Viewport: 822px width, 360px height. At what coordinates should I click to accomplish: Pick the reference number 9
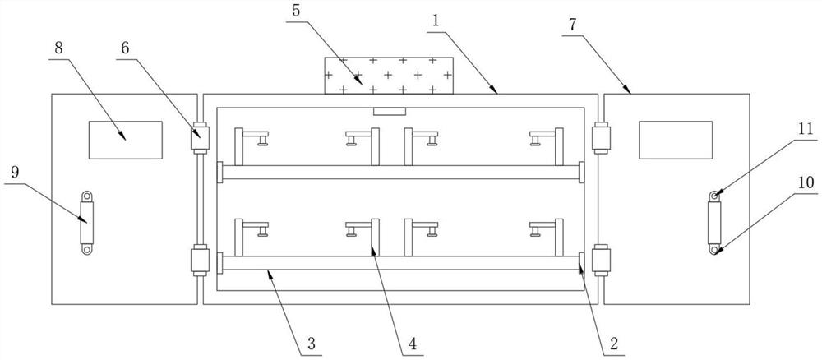pos(15,176)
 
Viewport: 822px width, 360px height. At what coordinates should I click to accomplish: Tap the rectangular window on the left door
pos(125,140)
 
